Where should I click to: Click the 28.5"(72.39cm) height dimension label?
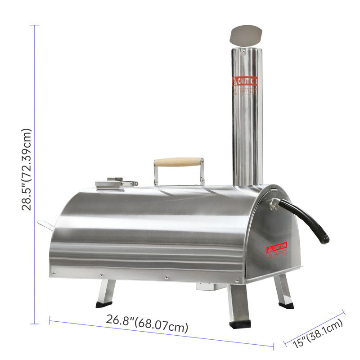pos(27,169)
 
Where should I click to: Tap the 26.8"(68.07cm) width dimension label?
pos(147,323)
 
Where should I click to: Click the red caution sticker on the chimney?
pos(245,81)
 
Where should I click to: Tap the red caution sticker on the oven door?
pos(276,247)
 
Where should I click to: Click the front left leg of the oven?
pos(106,292)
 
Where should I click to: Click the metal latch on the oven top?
pos(115,183)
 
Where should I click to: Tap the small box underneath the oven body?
pos(205,287)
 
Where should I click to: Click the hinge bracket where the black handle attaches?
pos(273,203)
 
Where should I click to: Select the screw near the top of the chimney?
pos(243,52)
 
